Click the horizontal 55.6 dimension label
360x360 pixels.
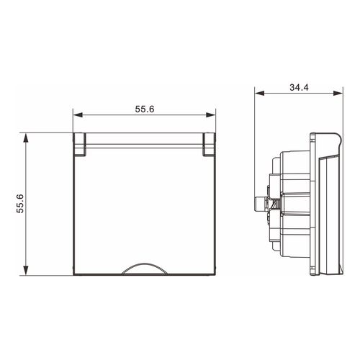coord(145,109)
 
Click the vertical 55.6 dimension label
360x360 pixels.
coord(20,204)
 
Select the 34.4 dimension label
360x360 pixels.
coord(299,87)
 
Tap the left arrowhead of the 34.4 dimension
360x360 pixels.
coord(259,93)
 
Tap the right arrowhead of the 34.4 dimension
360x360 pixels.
coord(338,93)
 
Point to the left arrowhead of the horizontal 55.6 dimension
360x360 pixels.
coord(78,115)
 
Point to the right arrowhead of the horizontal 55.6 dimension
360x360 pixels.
coord(211,115)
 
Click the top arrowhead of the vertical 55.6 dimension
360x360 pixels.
coord(25,138)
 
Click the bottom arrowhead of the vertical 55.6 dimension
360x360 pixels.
coord(25,270)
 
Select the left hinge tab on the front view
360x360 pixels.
coord(80,145)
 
